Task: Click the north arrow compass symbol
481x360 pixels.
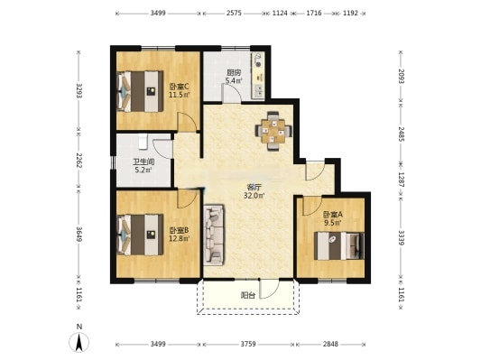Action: [79, 341]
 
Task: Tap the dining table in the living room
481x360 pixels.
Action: [273, 131]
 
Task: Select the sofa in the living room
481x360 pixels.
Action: [214, 235]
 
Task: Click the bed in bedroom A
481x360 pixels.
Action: [339, 246]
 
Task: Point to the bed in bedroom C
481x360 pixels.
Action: [140, 91]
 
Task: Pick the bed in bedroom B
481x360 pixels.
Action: [140, 235]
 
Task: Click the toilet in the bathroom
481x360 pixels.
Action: [143, 142]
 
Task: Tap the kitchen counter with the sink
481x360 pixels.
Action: [258, 76]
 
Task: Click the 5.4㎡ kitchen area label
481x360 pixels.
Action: [234, 80]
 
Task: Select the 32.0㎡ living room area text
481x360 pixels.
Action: [254, 195]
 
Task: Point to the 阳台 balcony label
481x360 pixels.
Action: [248, 296]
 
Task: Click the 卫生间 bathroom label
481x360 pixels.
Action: [143, 162]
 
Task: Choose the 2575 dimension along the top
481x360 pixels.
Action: [234, 14]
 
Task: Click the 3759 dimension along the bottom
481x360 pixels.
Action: [248, 344]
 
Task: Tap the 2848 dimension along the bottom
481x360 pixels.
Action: [330, 344]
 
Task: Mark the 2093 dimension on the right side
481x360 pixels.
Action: [402, 76]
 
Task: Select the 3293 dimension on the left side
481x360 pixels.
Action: [79, 91]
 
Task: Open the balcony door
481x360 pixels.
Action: [269, 289]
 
